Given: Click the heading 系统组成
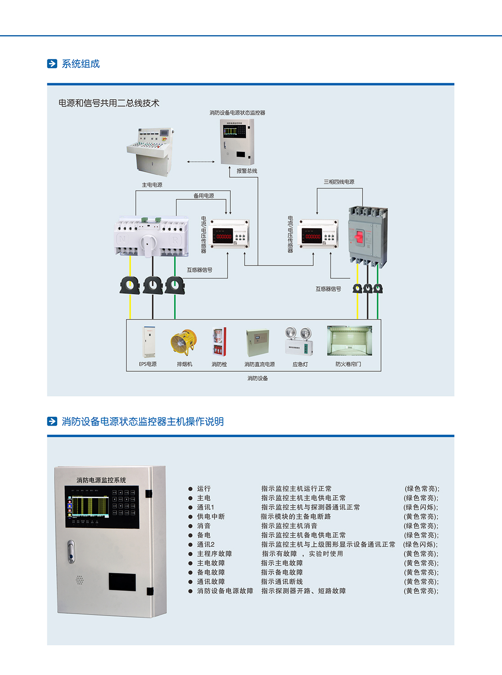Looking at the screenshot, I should pos(81,64).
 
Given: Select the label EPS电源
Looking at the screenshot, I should pos(148,364).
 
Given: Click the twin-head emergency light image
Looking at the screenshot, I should pos(299,341).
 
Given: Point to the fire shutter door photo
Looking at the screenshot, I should pos(349,341).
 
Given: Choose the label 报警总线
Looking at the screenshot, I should pos(247,171).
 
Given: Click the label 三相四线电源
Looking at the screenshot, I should pos(339,182).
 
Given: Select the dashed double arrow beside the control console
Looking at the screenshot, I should pos(201,162).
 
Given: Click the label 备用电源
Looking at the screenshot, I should pos(204,196).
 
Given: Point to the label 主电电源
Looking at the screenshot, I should pos(152,185).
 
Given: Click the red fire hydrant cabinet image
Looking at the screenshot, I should pos(219,342).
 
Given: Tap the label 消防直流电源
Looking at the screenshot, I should pos(259,364).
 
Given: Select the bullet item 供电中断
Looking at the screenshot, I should pos(211,517).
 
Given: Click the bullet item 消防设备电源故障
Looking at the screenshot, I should pos(225,591).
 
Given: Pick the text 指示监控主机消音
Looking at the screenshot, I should pos(289,526).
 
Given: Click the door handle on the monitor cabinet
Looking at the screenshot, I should pos(71,551).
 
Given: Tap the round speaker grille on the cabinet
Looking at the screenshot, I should pos(80,580).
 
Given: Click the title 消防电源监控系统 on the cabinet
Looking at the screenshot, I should pos(101,480).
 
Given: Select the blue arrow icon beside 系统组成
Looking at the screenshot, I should pos(52,64).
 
